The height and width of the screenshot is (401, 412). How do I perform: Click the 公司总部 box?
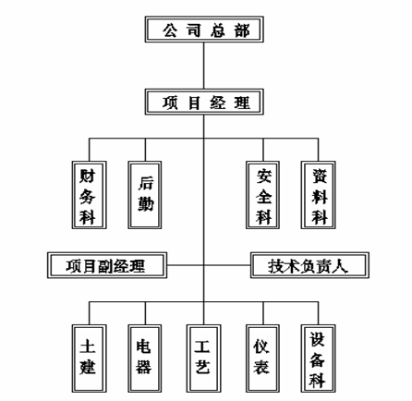point(204,30)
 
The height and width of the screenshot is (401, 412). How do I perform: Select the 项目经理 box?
point(204,102)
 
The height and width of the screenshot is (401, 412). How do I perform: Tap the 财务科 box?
point(90,195)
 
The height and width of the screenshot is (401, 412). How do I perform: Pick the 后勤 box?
point(145,195)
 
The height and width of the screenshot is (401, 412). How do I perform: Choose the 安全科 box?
point(262,195)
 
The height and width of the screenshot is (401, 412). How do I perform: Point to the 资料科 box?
point(318,195)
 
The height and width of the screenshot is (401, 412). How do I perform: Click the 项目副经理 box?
point(107,265)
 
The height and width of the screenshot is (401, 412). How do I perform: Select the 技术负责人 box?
point(309,265)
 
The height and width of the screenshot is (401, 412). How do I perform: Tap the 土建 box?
point(90,358)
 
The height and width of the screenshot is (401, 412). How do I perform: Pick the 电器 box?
point(145,358)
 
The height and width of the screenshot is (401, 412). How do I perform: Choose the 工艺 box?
point(203,358)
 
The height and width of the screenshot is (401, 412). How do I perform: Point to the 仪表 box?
point(262,358)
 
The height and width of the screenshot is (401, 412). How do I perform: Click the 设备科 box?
point(318,358)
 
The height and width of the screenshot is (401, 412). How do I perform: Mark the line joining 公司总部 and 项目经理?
point(203,66)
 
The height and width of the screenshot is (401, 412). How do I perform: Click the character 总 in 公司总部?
point(218,30)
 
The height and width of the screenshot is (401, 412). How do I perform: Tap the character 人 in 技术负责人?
point(339,266)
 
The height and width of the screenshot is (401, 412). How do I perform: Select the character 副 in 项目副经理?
point(105,266)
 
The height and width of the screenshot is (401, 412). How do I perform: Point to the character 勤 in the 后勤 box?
point(145,203)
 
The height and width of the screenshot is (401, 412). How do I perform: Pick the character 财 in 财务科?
point(88,176)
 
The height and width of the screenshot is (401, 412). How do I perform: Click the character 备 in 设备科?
point(317,360)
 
